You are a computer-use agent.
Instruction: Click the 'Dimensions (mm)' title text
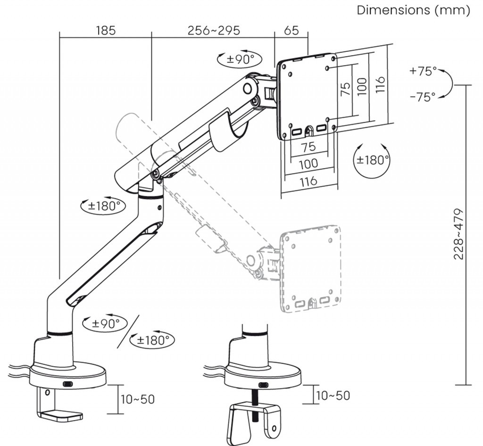pyautogui.click(x=413, y=10)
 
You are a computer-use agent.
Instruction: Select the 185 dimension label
pyautogui.click(x=106, y=31)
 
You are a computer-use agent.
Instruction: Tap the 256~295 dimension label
pyautogui.click(x=214, y=31)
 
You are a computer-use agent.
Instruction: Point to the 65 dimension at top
pyautogui.click(x=291, y=31)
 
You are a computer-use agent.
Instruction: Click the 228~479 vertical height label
pyautogui.click(x=459, y=234)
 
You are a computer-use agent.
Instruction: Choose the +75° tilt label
pyautogui.click(x=423, y=72)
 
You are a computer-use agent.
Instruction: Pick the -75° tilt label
pyautogui.click(x=423, y=97)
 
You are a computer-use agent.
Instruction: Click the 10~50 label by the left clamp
pyautogui.click(x=137, y=399)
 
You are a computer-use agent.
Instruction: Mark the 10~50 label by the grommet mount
pyautogui.click(x=333, y=395)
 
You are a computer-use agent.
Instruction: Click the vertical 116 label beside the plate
pyautogui.click(x=380, y=84)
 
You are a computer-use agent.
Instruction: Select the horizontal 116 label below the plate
pyautogui.click(x=308, y=181)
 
